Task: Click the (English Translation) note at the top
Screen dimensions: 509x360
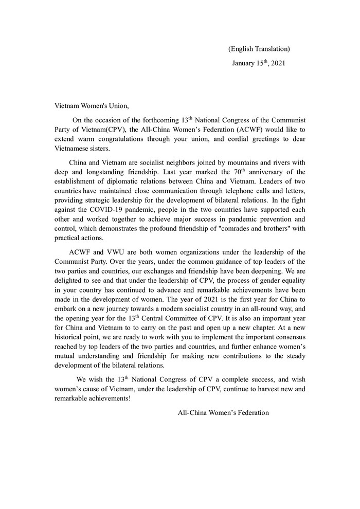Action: tap(259, 49)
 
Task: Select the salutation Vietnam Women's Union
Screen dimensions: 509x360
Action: tap(92, 106)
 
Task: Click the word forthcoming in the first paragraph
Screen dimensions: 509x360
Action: tap(150, 120)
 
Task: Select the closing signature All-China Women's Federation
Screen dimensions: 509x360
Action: tap(223, 412)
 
